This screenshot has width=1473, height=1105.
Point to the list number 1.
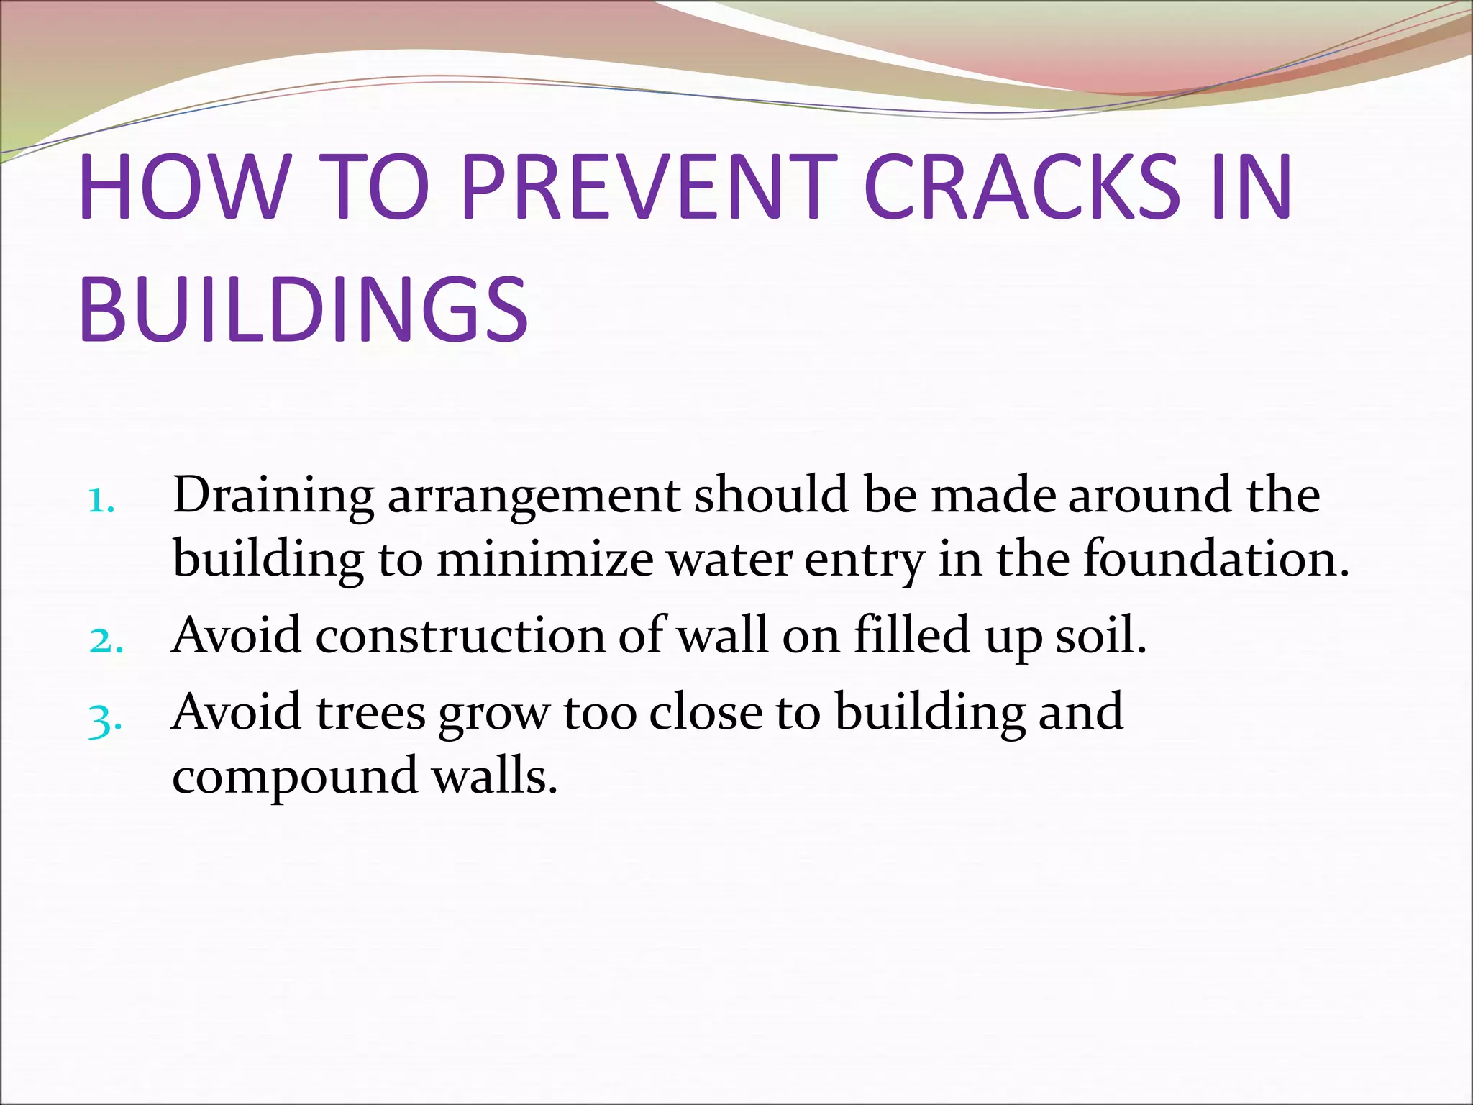101,501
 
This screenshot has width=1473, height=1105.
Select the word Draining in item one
273,496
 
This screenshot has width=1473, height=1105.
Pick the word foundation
1216,559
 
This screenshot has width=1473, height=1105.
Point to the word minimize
544,560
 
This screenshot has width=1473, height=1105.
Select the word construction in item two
460,636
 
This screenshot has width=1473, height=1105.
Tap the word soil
1100,636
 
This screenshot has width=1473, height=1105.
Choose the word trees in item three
371,713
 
